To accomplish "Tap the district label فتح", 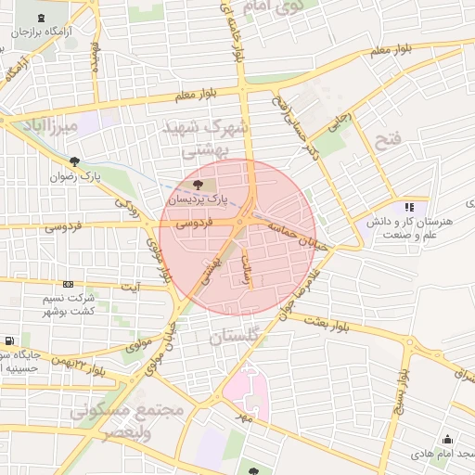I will [388, 139].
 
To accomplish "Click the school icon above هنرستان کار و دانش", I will [409, 207].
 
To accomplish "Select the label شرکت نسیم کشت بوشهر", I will [70, 306].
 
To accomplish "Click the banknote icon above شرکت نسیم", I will [68, 284].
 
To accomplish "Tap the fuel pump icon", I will [8, 341].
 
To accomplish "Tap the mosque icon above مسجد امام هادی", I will [448, 438].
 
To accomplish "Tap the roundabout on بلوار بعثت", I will [407, 347].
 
